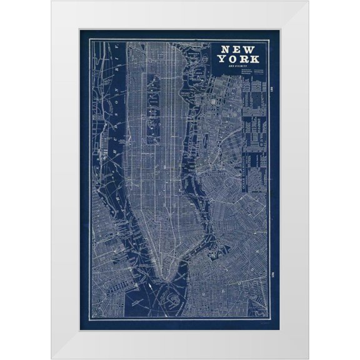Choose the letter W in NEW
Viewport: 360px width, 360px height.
(x=252, y=48)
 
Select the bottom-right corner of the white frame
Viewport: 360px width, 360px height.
(x=308, y=358)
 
